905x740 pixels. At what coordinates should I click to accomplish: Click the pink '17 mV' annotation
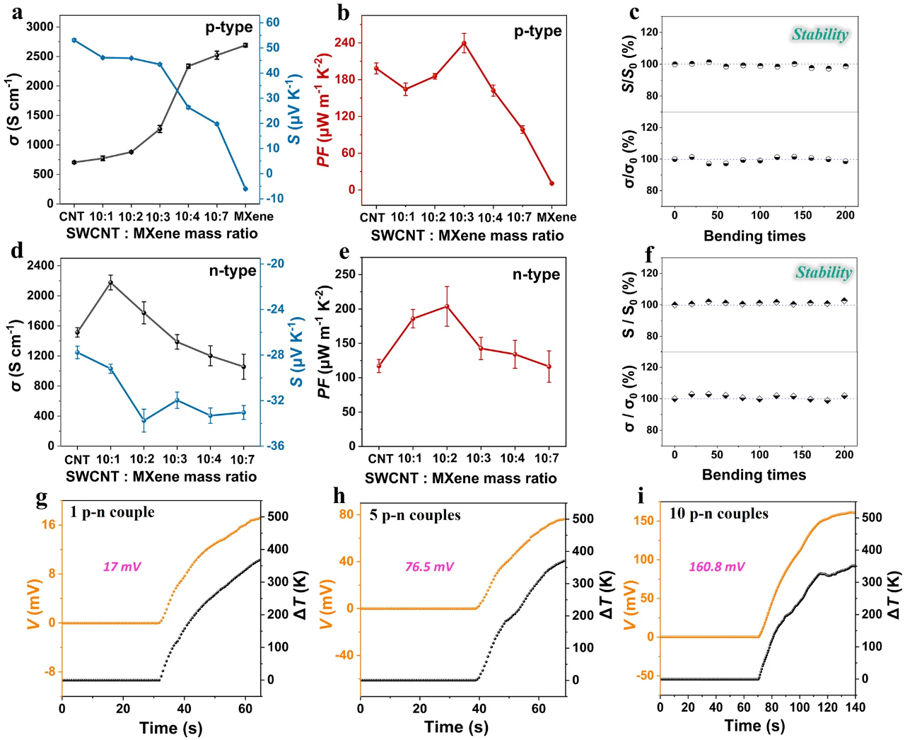122,567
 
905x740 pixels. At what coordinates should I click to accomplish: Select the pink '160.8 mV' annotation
716,567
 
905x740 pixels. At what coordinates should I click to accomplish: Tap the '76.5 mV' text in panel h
429,567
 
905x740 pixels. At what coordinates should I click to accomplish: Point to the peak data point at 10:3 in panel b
464,43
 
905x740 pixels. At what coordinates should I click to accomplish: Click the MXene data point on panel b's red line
551,183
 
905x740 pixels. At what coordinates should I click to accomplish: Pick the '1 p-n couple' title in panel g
112,512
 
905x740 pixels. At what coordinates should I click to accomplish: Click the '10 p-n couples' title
718,514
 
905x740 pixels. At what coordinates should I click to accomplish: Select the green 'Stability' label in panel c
819,35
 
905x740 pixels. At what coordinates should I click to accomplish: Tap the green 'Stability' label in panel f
824,272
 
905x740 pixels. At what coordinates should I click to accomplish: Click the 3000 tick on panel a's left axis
40,27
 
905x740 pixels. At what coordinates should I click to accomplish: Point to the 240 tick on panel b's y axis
344,43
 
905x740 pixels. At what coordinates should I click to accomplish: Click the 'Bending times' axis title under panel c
754,236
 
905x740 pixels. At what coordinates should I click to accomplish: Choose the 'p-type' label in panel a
229,28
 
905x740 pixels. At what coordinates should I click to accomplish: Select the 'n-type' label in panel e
536,274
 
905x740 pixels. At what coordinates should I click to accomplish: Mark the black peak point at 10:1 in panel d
110,283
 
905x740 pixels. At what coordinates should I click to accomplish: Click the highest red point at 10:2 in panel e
446,306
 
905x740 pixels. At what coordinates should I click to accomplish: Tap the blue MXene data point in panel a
245,189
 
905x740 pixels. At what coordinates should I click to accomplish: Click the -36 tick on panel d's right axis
275,446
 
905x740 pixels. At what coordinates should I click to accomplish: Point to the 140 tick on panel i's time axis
856,707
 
